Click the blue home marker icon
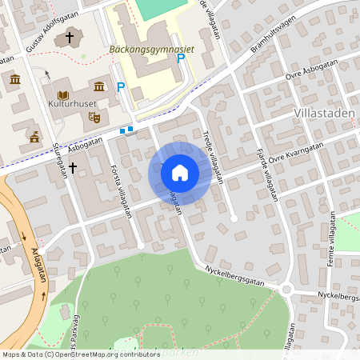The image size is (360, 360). point(180,172)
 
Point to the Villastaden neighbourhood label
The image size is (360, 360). point(324,114)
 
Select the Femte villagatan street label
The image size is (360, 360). point(332,232)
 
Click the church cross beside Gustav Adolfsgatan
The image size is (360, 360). point(70,37)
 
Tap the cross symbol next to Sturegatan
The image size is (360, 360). point(73,167)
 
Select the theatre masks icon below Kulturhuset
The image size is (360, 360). point(94,118)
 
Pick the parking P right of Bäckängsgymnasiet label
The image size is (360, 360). point(181,58)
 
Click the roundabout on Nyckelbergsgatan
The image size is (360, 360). point(287,290)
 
